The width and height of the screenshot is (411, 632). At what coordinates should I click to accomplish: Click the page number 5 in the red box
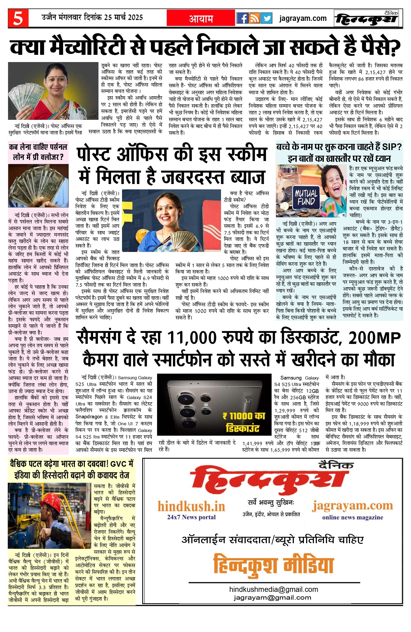click(18, 18)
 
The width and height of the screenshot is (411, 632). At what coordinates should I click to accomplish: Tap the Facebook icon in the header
click(242, 18)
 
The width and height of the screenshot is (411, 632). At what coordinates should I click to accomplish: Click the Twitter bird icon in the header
click(266, 18)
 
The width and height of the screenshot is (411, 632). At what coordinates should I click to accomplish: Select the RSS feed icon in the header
click(254, 18)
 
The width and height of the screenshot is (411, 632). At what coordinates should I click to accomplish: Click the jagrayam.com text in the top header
click(303, 18)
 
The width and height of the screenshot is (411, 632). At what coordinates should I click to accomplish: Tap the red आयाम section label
click(201, 18)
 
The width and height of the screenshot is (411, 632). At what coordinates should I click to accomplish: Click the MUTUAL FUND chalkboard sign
click(306, 197)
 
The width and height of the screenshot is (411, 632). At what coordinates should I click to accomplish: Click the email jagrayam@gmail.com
click(272, 597)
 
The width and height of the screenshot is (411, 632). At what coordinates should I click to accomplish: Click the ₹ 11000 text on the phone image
click(243, 416)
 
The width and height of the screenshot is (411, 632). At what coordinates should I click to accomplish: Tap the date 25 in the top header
click(108, 17)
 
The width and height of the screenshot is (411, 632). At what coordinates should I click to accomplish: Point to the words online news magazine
click(352, 517)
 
